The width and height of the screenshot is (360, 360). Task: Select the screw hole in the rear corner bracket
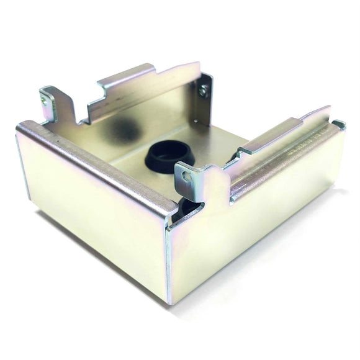[202, 91]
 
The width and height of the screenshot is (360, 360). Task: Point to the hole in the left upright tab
[44, 96]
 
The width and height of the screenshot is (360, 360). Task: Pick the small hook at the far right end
[339, 124]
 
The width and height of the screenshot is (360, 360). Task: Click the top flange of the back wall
[149, 78]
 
